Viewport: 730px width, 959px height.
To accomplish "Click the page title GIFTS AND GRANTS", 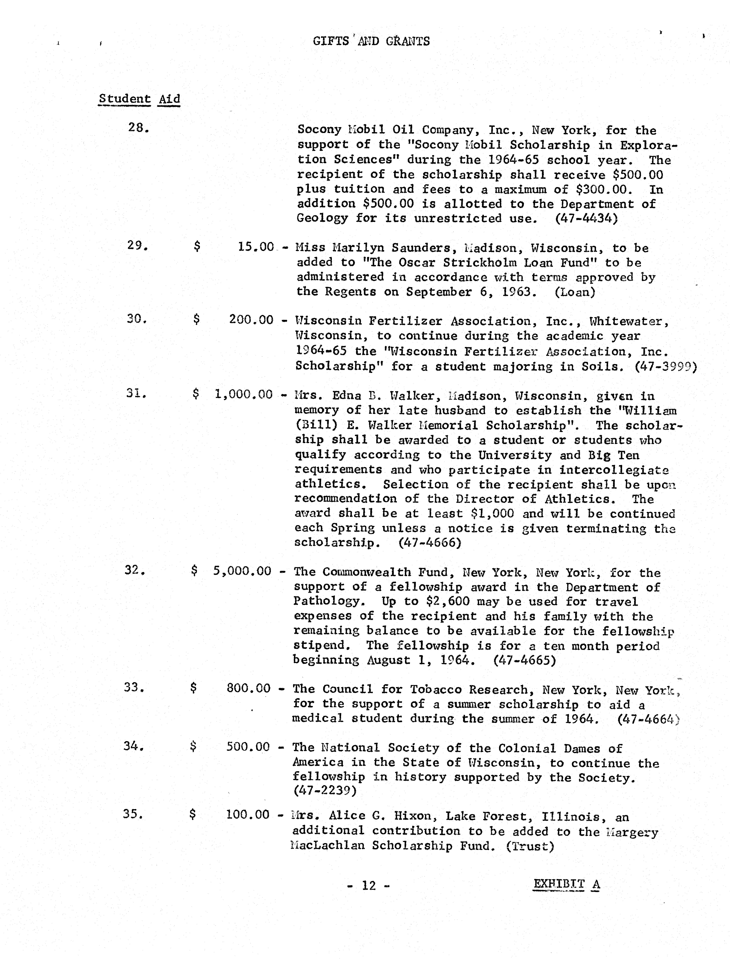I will pyautogui.click(x=371, y=41).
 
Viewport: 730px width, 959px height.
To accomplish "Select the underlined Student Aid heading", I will pyautogui.click(x=139, y=99).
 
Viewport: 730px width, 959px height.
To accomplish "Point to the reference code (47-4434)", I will pyautogui.click(x=586, y=218).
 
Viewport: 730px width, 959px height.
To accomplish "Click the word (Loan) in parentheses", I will pyautogui.click(x=574, y=292).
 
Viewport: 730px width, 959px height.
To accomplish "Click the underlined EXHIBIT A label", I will pyautogui.click(x=566, y=884).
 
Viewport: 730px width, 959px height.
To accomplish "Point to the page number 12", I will pyautogui.click(x=369, y=885).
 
